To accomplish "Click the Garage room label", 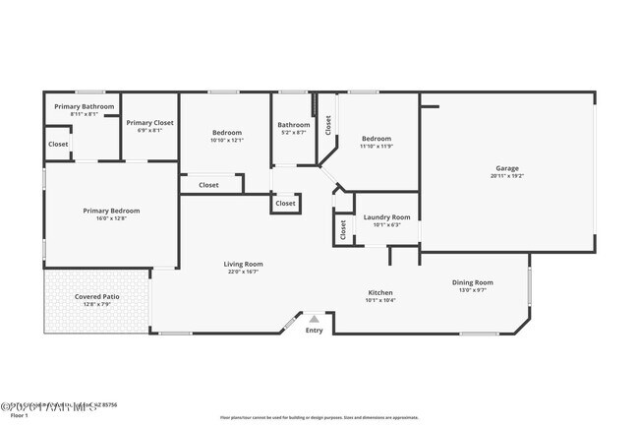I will click(506, 168).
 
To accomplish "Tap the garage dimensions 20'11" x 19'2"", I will click(506, 176).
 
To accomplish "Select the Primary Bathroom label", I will click(84, 106).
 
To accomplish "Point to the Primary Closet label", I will click(149, 123).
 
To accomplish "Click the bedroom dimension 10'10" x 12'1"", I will click(226, 140).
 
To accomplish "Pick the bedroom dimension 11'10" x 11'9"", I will click(376, 147).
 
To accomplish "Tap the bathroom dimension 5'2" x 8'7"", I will click(293, 132).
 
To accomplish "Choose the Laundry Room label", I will click(386, 216).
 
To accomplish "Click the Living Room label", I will click(243, 264).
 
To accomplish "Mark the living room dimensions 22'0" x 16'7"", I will click(243, 272).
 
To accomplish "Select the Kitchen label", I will click(380, 292).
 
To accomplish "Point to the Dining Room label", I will click(472, 282).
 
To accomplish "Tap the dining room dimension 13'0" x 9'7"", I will click(472, 290).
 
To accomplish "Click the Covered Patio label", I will click(96, 296).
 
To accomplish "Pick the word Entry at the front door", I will click(314, 331).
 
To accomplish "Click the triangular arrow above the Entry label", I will click(314, 319).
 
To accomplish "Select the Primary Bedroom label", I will click(110, 211).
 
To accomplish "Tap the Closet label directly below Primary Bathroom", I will click(58, 144).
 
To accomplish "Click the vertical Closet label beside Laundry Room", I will click(342, 229).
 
